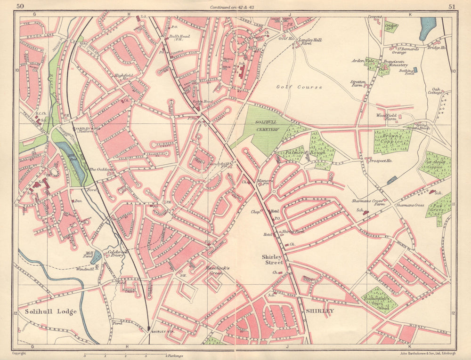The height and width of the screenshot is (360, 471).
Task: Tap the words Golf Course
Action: pyautogui.click(x=299, y=87)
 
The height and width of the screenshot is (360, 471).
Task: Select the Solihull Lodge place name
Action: pyautogui.click(x=45, y=312)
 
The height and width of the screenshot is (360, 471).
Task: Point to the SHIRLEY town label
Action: pyautogui.click(x=320, y=311)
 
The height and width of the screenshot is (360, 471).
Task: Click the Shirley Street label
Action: pyautogui.click(x=274, y=260)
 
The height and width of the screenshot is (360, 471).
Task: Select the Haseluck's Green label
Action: pyautogui.click(x=217, y=270)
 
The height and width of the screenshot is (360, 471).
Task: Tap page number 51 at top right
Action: pyautogui.click(x=451, y=6)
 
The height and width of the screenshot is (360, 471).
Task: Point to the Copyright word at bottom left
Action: pyautogui.click(x=20, y=352)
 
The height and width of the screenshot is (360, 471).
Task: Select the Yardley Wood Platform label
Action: pyautogui.click(x=85, y=129)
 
